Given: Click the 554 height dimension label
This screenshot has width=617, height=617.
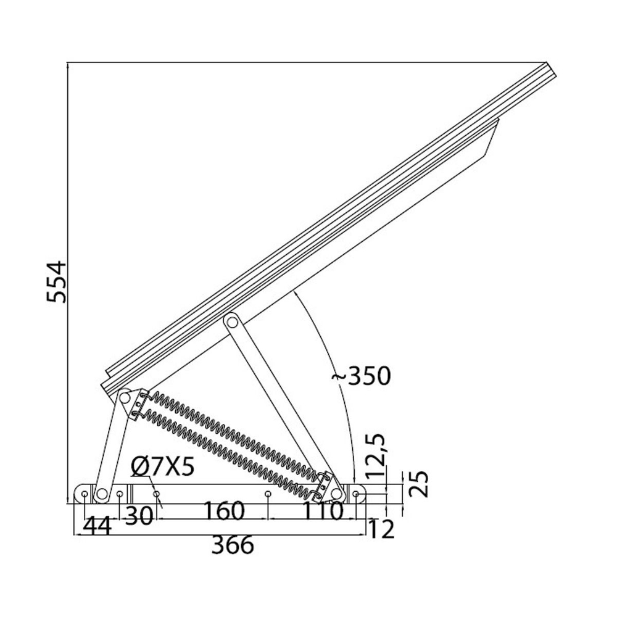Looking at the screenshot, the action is (57, 281).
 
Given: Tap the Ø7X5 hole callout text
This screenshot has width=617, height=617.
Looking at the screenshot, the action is (163, 467).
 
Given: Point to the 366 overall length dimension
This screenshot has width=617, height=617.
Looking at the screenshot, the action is (233, 545).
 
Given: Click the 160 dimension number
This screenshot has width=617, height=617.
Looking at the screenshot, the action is (224, 511).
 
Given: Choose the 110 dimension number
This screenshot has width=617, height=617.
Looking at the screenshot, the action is (323, 511).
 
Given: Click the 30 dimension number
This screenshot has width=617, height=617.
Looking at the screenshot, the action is (139, 516).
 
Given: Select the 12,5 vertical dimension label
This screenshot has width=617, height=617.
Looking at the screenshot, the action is (376, 456).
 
